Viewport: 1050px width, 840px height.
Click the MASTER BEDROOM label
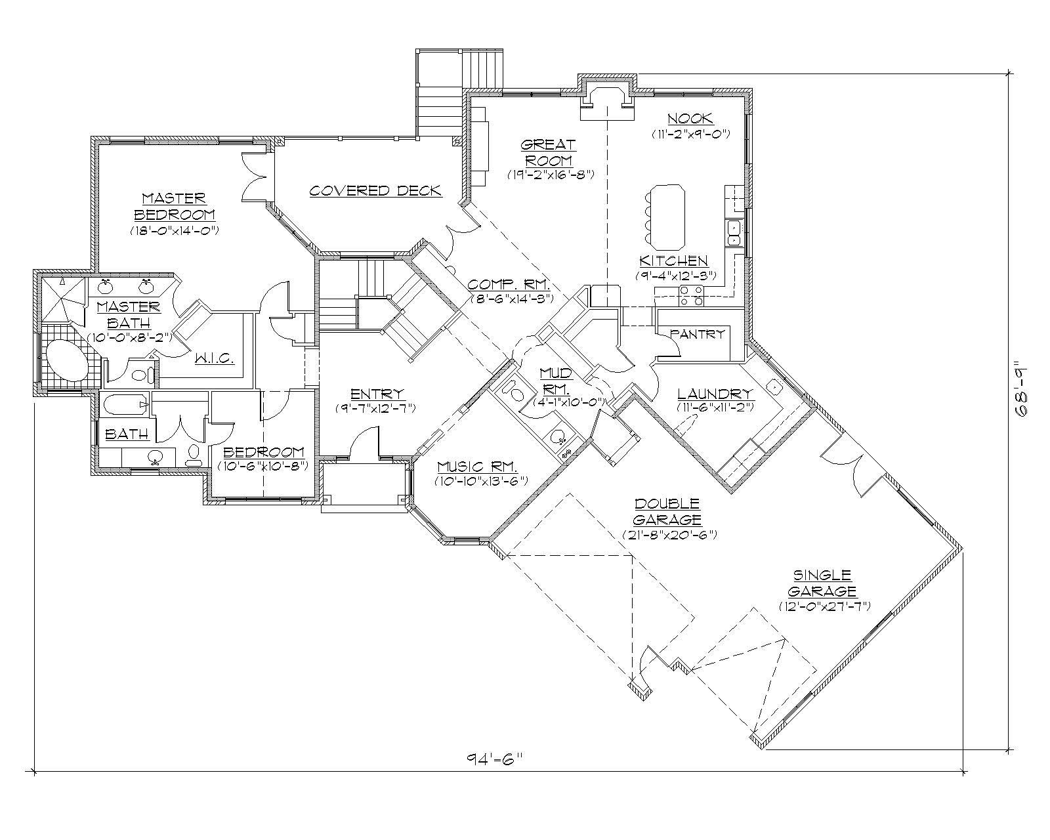[x=174, y=206]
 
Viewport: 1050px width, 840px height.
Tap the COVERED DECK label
[x=375, y=191]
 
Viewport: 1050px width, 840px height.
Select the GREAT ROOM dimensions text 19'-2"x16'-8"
[x=551, y=175]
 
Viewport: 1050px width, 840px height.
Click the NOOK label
[x=690, y=119]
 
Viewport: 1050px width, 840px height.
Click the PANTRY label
[x=698, y=334]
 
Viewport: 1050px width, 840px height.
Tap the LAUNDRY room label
[x=715, y=394]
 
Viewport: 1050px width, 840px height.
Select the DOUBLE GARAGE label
[x=667, y=512]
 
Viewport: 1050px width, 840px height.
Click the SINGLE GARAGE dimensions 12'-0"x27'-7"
[x=824, y=606]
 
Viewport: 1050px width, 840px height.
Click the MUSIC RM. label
[x=478, y=467]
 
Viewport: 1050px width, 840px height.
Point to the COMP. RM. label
[x=508, y=285]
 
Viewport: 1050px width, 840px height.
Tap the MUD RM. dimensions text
[x=568, y=402]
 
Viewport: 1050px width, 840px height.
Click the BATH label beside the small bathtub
[x=127, y=434]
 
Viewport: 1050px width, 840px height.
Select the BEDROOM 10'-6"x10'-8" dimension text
[x=264, y=466]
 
